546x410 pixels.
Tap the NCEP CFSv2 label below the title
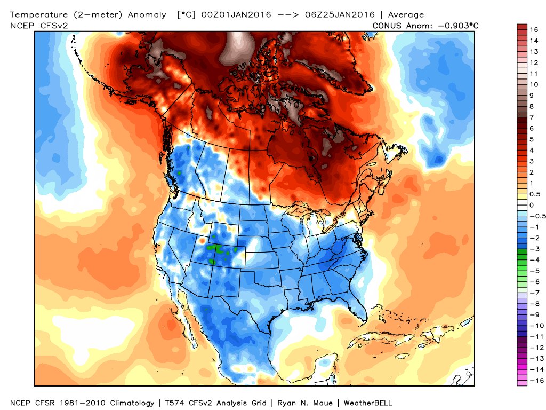34,25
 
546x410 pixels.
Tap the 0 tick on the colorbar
532,205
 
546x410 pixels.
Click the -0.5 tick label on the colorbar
536,216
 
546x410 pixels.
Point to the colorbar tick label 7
532,117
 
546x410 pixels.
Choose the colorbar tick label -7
534,293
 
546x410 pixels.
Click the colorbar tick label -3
534,249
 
